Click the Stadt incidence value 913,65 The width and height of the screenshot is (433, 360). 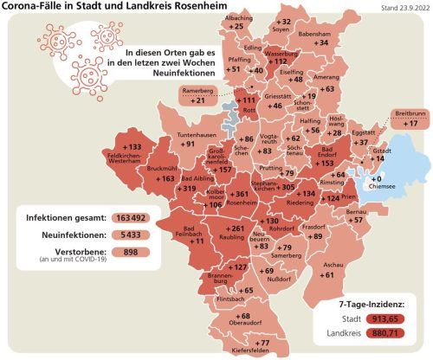tap(399, 319)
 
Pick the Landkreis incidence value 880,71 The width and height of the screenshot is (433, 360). tap(399, 334)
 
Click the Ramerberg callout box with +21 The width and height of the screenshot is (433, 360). tap(198, 95)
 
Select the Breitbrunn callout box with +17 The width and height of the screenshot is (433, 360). tap(404, 119)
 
